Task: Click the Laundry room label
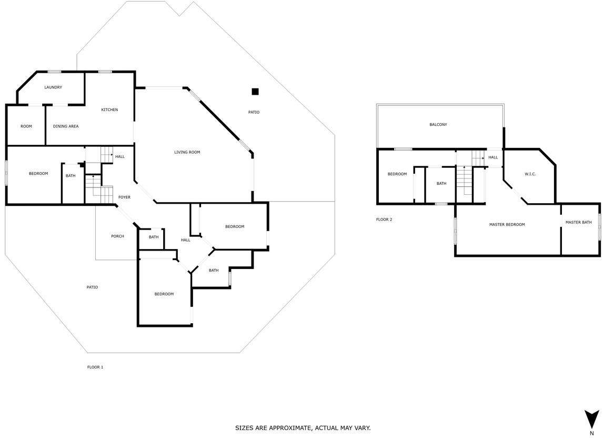tap(53, 87)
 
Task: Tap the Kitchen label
tap(109, 109)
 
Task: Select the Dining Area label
tap(66, 126)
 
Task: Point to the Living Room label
tap(187, 152)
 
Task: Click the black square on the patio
tap(255, 92)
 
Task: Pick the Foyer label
tap(124, 197)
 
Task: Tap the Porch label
tap(118, 236)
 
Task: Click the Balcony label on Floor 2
tap(438, 125)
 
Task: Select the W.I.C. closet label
tap(530, 174)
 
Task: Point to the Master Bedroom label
tap(507, 224)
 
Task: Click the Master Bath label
tap(578, 222)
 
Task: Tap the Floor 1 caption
tap(95, 367)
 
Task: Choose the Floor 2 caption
tap(384, 220)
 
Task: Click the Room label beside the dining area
tap(26, 126)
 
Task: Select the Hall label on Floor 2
tap(493, 157)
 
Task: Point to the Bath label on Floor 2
tap(441, 183)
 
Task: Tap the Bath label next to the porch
tap(154, 237)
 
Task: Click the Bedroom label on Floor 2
tap(397, 174)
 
